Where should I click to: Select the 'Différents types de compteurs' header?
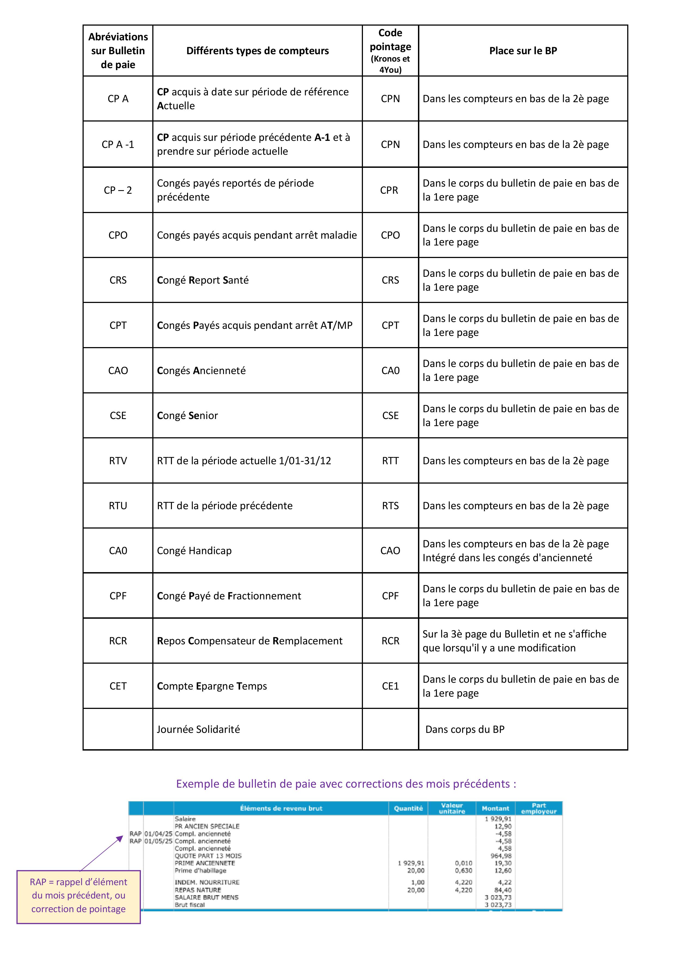[257, 51]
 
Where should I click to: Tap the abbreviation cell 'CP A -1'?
[118, 144]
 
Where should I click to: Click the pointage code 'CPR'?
[389, 190]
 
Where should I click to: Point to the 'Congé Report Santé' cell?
[203, 280]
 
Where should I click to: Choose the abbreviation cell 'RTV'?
[118, 461]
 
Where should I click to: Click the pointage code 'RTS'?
[390, 506]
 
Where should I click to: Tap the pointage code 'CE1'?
[390, 686]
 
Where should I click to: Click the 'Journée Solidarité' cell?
[198, 730]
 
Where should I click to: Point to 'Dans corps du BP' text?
[465, 730]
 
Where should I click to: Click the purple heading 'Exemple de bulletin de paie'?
[346, 784]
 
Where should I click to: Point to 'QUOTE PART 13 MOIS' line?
[208, 856]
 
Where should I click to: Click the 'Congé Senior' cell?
[187, 415]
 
